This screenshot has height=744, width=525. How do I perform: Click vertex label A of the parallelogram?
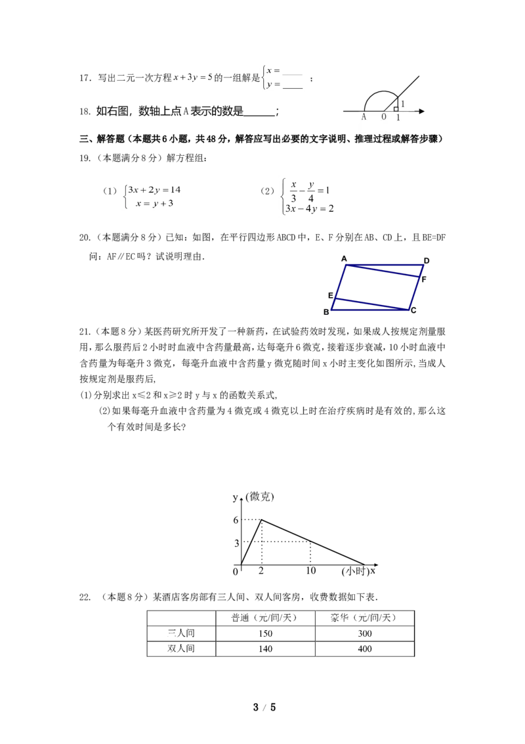pos(344,258)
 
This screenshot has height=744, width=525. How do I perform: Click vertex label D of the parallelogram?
pos(427,260)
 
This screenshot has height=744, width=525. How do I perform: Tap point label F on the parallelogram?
pos(423,279)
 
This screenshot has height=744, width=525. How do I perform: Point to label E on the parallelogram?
pos(331,296)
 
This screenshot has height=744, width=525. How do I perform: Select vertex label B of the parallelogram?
pos(326,312)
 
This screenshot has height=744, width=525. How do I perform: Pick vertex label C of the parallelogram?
pos(413,310)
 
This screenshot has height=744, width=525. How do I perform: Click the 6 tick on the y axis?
pos(236,520)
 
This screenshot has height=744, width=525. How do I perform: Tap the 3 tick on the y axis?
pos(236,543)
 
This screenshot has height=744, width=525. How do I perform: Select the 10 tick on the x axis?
pos(311,570)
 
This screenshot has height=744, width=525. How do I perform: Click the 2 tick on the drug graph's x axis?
pos(261,570)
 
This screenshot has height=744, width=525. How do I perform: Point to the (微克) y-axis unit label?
pos(260,497)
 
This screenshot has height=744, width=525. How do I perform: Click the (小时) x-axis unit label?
pos(355,571)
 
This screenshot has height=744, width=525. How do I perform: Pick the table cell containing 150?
pos(265,634)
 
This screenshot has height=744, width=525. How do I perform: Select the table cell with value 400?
pos(365,649)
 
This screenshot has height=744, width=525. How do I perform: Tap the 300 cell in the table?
pos(365,634)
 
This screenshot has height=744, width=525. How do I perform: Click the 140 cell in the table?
pos(265,649)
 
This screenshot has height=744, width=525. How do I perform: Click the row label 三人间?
pos(181,634)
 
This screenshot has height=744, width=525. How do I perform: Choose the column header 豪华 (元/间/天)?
pos(364,618)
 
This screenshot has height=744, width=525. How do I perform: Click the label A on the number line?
pos(364,117)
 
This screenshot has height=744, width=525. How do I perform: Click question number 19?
pos(85,158)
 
